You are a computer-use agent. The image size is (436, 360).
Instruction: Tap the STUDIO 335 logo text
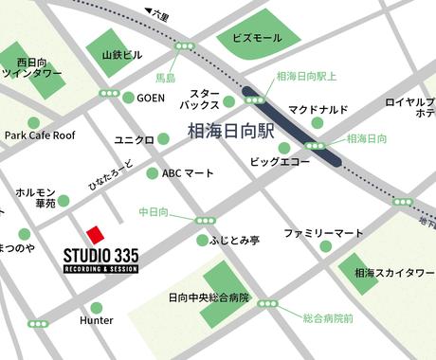(100, 256)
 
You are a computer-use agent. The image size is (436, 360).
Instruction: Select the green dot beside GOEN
(128, 98)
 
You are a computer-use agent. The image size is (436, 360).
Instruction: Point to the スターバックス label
(204, 100)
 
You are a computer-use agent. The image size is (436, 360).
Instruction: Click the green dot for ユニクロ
(163, 139)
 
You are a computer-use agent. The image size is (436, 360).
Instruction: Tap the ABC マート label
(189, 173)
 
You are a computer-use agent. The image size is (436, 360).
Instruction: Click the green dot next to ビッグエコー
(284, 148)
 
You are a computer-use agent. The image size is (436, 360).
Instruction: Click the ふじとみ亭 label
(237, 241)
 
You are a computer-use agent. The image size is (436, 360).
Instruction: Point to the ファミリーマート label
(323, 232)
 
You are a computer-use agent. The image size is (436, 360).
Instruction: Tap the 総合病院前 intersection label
(328, 319)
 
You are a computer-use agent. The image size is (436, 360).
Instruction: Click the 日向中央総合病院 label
(209, 297)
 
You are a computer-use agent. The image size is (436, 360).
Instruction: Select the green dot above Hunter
(96, 307)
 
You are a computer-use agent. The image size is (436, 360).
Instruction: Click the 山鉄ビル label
(121, 55)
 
